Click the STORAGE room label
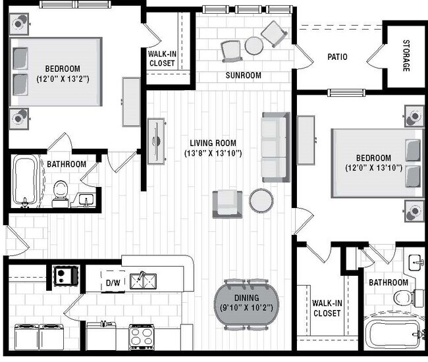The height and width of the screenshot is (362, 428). [406, 57]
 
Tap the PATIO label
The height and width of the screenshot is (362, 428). [338, 57]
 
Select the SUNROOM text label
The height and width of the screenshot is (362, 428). [243, 76]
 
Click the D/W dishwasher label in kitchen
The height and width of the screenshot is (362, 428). [113, 283]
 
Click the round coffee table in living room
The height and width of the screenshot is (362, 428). [261, 201]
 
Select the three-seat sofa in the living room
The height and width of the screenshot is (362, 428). [275, 147]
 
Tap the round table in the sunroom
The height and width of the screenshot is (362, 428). [254, 45]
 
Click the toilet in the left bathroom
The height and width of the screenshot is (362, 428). [61, 190]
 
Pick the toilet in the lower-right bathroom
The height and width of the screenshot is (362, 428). [404, 298]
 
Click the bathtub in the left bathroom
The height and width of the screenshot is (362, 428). [27, 181]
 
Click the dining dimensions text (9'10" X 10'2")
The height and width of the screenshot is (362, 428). [247, 307]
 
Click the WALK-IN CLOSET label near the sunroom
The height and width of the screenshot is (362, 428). [162, 59]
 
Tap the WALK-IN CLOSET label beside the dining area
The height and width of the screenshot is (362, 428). [327, 308]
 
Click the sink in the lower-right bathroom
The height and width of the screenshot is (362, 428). [415, 264]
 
